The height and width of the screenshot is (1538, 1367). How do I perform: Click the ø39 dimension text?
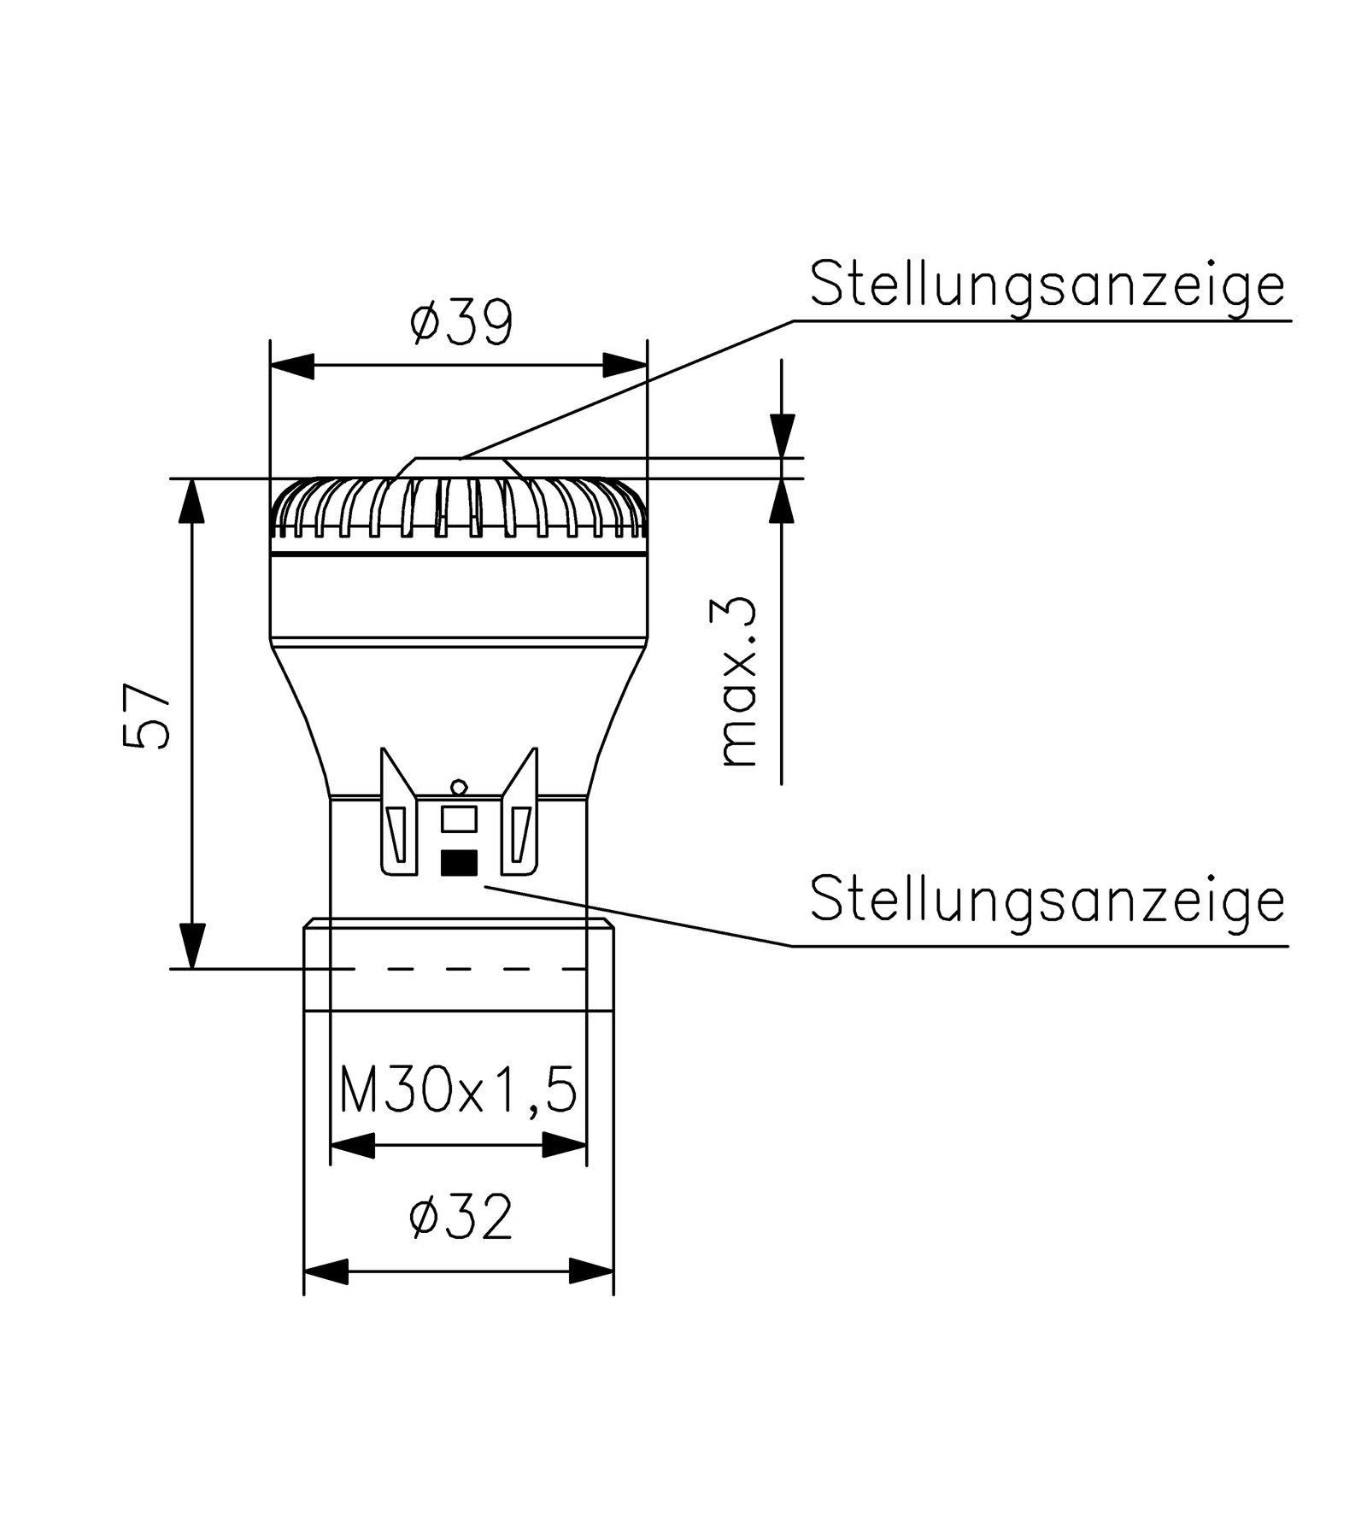(x=461, y=322)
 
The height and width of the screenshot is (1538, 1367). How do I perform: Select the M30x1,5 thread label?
(x=458, y=1090)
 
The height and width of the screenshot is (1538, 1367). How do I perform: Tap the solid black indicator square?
(x=459, y=863)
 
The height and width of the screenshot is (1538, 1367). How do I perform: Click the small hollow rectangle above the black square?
(x=459, y=819)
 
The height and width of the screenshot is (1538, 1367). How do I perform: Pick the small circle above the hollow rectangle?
(x=459, y=787)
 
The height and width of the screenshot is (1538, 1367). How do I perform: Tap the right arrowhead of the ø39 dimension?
(x=625, y=365)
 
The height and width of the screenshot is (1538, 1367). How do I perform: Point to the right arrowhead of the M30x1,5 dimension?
(x=565, y=1145)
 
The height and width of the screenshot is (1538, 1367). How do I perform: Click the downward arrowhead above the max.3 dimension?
(x=782, y=436)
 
